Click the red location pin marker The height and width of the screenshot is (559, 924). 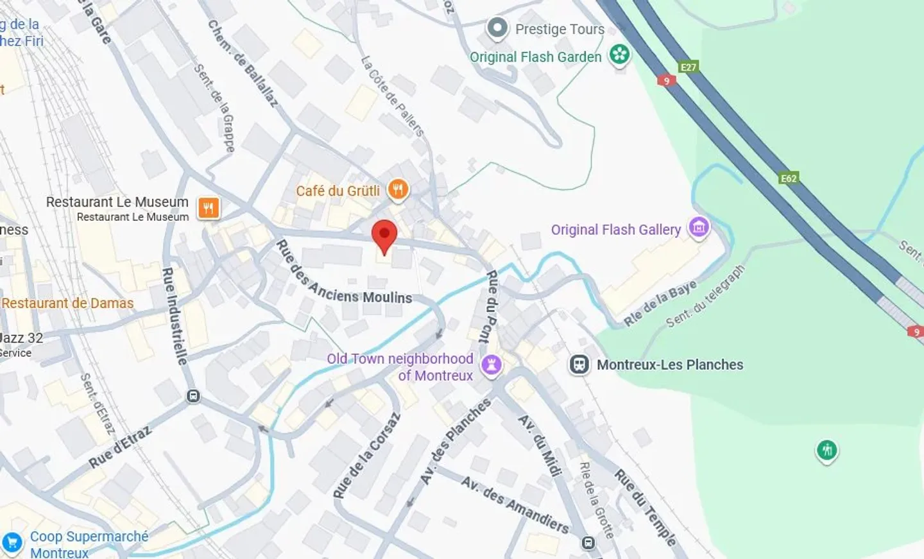coord(384,236)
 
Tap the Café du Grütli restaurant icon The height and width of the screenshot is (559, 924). coord(398,189)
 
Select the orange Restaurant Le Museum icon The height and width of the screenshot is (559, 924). coord(209,208)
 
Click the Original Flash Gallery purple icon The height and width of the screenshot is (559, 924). coord(699,227)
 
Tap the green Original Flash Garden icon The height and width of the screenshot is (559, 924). coord(619,55)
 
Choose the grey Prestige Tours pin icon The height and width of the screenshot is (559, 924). coord(497,28)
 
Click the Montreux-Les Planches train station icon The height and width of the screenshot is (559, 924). coord(579,365)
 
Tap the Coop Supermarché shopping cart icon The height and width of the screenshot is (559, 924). coord(12,543)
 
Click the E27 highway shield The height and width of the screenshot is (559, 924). coord(688,67)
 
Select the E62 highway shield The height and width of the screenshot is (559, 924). coord(789,178)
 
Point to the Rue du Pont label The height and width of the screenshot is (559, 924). coord(490,306)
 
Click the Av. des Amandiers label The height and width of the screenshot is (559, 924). coord(515,504)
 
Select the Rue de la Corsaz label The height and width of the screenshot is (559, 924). coord(366,456)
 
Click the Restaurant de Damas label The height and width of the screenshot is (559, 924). coord(67,303)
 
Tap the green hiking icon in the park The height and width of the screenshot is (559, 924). coord(826,450)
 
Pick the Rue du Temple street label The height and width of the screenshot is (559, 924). coord(645,507)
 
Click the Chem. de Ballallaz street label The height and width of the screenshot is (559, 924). coord(243,63)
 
